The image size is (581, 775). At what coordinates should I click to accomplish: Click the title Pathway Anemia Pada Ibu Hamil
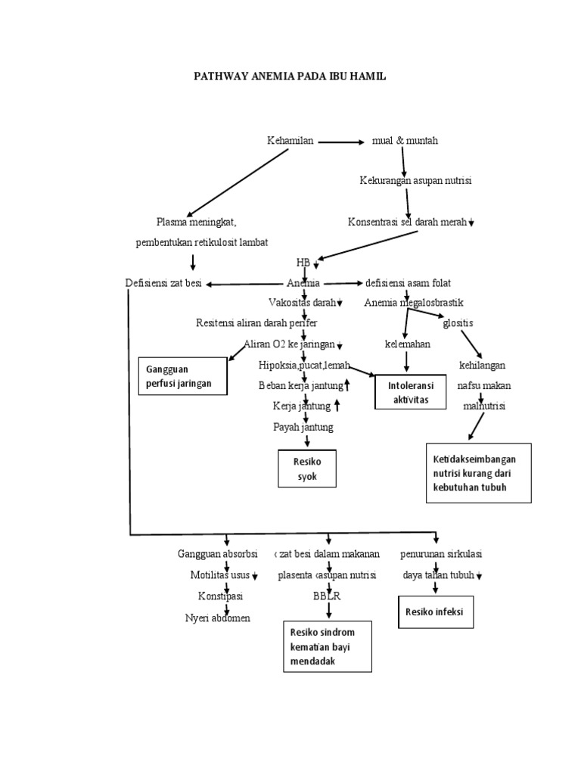pyautogui.click(x=290, y=77)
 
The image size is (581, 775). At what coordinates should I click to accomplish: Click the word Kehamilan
pyautogui.click(x=290, y=141)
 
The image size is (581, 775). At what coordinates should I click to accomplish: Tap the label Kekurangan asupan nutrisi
pyautogui.click(x=415, y=181)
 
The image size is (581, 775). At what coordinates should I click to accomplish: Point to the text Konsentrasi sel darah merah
pyautogui.click(x=407, y=222)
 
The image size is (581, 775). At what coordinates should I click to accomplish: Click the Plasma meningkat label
pyautogui.click(x=197, y=222)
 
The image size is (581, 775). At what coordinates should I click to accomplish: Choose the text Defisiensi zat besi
pyautogui.click(x=163, y=283)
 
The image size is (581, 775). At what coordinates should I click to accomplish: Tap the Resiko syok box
pyautogui.click(x=306, y=469)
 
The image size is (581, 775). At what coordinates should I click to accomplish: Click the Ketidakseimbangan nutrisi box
pyautogui.click(x=478, y=473)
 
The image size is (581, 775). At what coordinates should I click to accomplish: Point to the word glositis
pyautogui.click(x=458, y=323)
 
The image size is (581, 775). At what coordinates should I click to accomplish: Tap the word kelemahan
pyautogui.click(x=408, y=344)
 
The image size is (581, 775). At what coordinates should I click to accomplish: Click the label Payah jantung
pyautogui.click(x=303, y=427)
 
